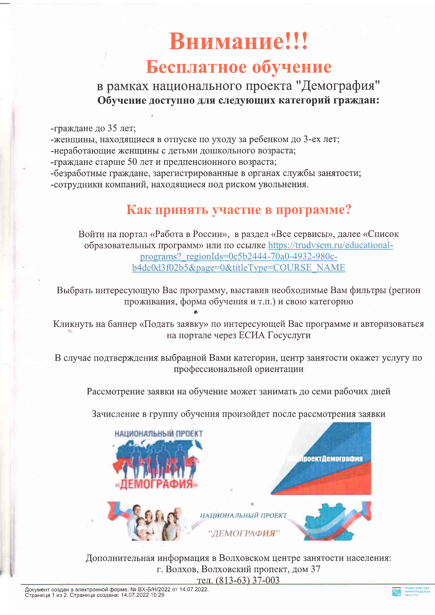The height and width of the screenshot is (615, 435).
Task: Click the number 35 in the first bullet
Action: (x=112, y=128)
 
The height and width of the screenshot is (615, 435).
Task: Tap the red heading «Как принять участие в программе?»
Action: (x=239, y=209)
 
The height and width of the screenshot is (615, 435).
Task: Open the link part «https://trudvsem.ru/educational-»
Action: (x=330, y=245)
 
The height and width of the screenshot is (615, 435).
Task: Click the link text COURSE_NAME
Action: (x=309, y=268)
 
